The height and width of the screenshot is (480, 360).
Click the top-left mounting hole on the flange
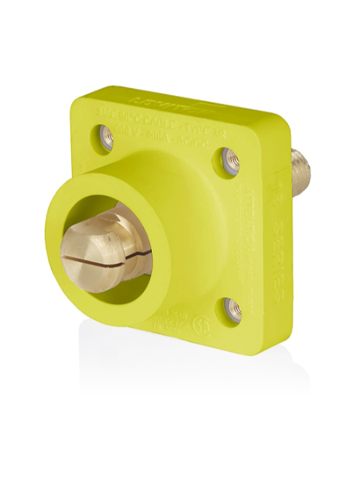(x=107, y=134)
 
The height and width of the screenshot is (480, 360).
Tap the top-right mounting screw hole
(x=228, y=164)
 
